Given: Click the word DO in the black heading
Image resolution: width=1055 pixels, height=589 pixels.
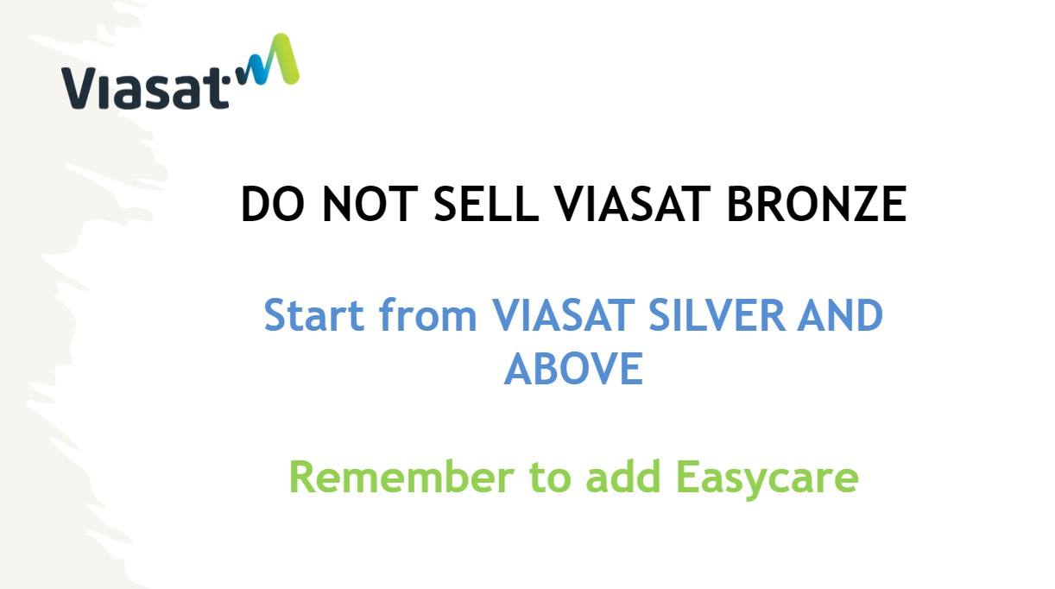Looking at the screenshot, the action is click(x=272, y=204).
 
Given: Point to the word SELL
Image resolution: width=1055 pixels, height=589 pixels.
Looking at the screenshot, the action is click(x=486, y=204).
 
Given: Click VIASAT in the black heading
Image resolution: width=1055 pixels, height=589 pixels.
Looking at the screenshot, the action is click(x=632, y=204).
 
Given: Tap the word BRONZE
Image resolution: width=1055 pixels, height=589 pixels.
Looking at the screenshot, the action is click(x=818, y=204).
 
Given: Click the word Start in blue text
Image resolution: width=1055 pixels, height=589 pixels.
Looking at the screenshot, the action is click(x=314, y=314).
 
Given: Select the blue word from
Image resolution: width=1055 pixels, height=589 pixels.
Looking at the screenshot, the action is click(x=428, y=313).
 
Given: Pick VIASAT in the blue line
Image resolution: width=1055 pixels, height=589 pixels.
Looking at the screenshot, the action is click(x=562, y=314).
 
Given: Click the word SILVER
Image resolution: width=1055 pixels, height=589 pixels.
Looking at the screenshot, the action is click(x=717, y=314).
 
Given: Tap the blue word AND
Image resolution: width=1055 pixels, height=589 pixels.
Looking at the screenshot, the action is click(x=840, y=314).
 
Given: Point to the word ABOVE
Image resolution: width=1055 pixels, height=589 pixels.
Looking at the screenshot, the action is click(x=573, y=368).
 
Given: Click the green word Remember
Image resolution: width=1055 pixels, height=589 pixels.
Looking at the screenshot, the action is click(x=401, y=477).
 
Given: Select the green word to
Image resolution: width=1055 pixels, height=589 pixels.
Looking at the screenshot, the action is click(x=550, y=478).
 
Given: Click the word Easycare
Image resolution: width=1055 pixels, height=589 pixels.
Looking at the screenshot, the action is click(x=768, y=479).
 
